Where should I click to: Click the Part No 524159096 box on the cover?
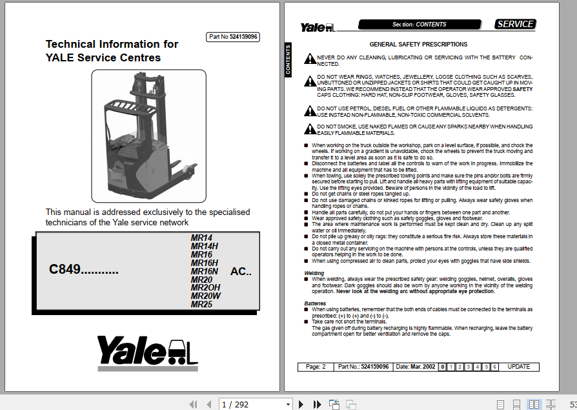pyautogui.click(x=233, y=37)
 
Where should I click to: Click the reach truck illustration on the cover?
pyautogui.click(x=148, y=135)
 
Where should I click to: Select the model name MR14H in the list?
pyautogui.click(x=205, y=246)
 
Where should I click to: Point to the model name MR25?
pyautogui.click(x=202, y=305)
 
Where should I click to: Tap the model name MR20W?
pyautogui.click(x=206, y=296)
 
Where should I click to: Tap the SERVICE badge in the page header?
pyautogui.click(x=515, y=25)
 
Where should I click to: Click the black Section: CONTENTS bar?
pyautogui.click(x=420, y=25)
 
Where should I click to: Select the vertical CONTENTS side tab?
pyautogui.click(x=288, y=59)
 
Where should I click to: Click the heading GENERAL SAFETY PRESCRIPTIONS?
pyautogui.click(x=418, y=45)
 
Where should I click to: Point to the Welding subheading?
pyautogui.click(x=314, y=274)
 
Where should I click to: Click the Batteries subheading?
pyautogui.click(x=315, y=303)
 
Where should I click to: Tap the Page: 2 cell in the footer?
pyautogui.click(x=315, y=367)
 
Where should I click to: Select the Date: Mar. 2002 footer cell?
pyautogui.click(x=414, y=367)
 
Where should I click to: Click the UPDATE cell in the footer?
pyautogui.click(x=518, y=367)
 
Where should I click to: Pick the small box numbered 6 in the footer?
pyautogui.click(x=494, y=367)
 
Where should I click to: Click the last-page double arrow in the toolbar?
pyautogui.click(x=317, y=404)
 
